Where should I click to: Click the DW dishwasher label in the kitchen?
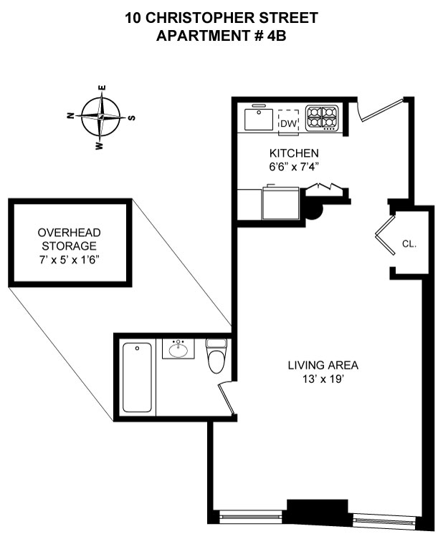point(288,124)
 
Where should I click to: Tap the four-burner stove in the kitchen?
point(322,118)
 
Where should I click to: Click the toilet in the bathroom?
point(215,356)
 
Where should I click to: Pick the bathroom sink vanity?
point(178,349)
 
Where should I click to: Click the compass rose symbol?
point(101,116)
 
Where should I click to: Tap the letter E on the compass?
point(103,89)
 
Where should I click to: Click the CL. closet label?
point(409,244)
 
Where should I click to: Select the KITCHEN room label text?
point(293,153)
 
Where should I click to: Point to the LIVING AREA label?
point(323,365)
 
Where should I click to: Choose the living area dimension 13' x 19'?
point(323,379)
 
